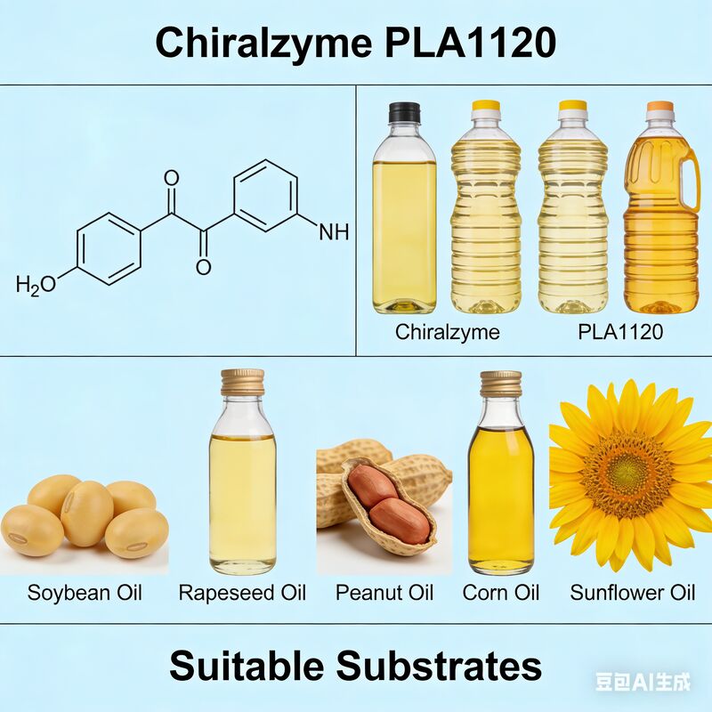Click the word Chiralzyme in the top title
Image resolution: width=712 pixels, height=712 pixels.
263,43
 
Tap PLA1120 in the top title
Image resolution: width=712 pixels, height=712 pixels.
471,43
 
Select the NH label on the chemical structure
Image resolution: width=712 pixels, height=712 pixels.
334,233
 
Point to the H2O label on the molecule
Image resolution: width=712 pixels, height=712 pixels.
36,285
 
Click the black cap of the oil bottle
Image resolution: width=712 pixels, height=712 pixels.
404,113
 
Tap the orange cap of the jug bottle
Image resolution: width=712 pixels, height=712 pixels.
659,107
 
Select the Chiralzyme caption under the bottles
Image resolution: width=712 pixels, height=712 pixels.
448,333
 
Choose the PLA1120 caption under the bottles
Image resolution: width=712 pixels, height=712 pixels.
620,333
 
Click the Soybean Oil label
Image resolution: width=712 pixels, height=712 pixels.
85,593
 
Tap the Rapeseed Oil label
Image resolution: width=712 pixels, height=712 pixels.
242,593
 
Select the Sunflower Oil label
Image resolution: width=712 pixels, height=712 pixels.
632,593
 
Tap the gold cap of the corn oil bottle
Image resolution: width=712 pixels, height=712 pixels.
500,384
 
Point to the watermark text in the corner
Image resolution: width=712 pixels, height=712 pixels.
643,683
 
